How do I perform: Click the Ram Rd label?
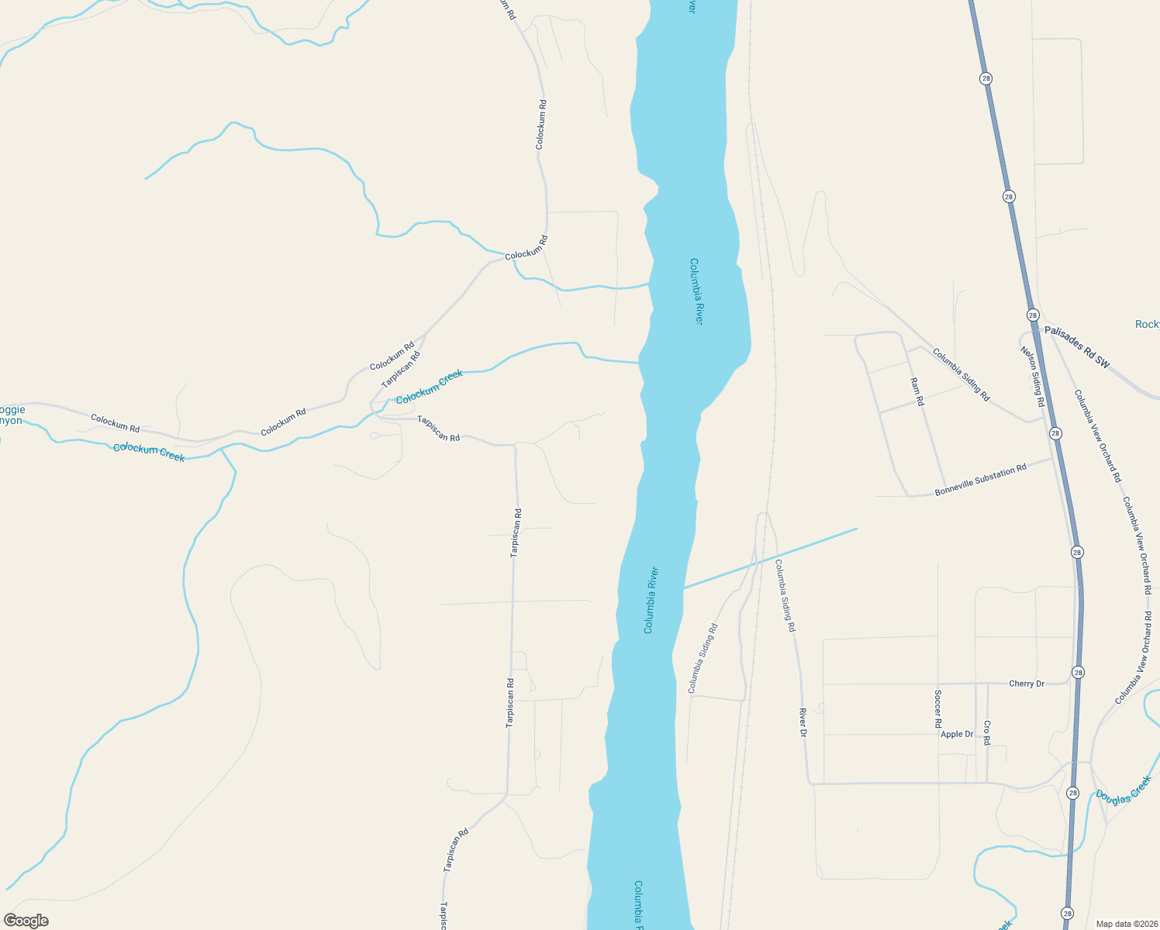pos(917,392)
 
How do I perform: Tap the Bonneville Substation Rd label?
pos(981,480)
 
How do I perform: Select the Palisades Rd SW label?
pos(1077,346)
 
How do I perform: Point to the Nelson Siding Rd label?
pos(1033,377)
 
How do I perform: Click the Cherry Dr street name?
pos(1027,684)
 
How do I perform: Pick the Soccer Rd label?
pos(938,709)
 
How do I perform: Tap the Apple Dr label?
pos(957,734)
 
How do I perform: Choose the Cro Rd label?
pos(987,732)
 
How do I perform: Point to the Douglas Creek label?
pos(1124,789)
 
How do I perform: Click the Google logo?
pos(26,921)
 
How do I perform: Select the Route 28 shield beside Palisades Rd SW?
pos(1033,315)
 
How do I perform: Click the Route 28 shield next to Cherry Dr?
pos(1077,672)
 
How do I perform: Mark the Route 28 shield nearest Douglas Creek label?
pos(1072,793)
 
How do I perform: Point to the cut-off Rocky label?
pos(1147,324)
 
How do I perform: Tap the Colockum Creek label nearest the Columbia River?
pos(430,386)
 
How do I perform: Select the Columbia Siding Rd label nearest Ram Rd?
pos(961,375)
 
